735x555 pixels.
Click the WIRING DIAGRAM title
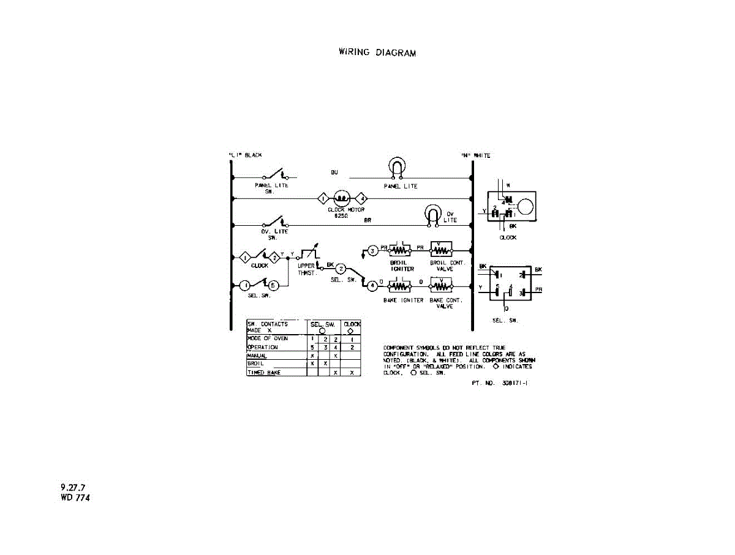[377, 53]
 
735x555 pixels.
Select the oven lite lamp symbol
[433, 214]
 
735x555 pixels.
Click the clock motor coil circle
[341, 198]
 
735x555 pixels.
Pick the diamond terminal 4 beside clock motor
[362, 198]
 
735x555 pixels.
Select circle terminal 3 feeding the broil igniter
[373, 251]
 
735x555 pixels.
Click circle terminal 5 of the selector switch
[274, 285]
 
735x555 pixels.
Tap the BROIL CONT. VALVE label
[448, 266]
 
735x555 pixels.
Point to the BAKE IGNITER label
[403, 300]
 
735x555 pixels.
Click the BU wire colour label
[334, 173]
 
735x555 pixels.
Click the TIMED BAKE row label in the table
[264, 372]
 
